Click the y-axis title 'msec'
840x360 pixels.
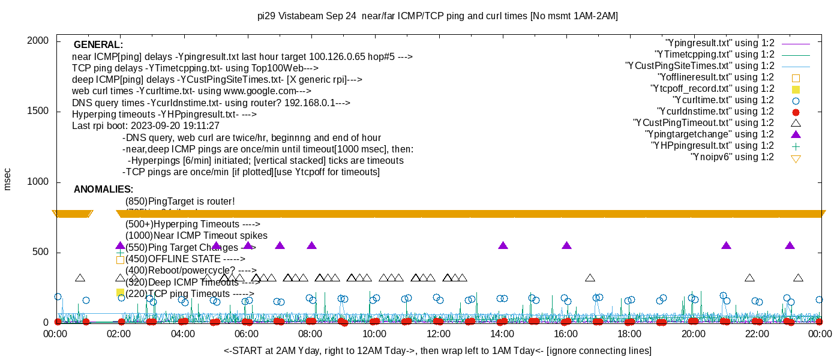[7, 179]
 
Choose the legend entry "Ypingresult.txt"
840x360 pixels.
[719, 43]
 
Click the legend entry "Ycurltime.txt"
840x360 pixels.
[723, 100]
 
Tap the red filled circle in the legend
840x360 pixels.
[796, 112]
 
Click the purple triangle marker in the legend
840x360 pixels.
[796, 134]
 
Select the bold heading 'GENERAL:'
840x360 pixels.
[98, 45]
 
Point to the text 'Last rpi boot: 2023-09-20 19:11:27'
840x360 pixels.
[146, 126]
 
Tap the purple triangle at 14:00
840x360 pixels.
[503, 245]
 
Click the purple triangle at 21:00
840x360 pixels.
[726, 245]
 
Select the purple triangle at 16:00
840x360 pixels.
[566, 245]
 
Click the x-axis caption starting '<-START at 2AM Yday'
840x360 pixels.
[437, 350]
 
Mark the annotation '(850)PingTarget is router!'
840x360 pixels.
[180, 202]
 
